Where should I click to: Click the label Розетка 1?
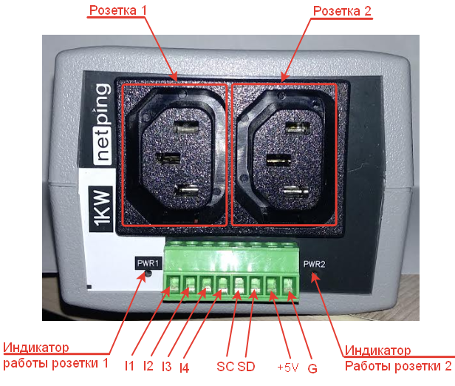tap(118, 10)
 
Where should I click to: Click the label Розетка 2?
tap(342, 11)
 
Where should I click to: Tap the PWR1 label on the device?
tap(148, 263)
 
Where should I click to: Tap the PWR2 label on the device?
tap(314, 264)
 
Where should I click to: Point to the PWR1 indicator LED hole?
tap(148, 274)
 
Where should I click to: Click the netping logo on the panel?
tap(103, 123)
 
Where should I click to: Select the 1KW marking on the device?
tap(101, 209)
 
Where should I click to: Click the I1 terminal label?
tap(129, 366)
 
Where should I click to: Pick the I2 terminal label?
tap(148, 366)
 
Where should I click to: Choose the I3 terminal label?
tap(167, 366)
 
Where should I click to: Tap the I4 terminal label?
tap(184, 368)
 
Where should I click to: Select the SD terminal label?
tap(246, 366)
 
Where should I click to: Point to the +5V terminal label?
tap(287, 368)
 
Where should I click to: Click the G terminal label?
tap(312, 368)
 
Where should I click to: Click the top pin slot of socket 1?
tap(186, 127)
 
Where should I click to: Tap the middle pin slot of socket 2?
tap(278, 160)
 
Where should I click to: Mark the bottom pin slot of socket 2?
tap(295, 192)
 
